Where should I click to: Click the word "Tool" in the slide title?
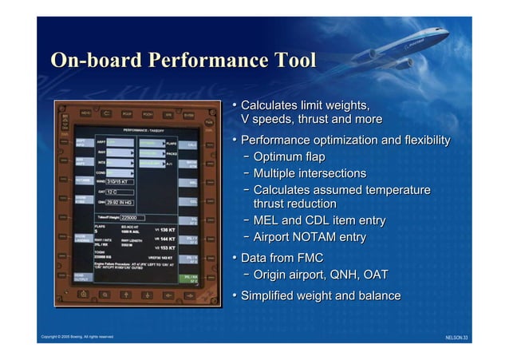294,61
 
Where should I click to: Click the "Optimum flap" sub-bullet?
288,156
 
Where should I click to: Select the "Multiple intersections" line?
309,173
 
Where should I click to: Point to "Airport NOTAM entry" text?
309,237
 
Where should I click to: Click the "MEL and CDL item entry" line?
318,220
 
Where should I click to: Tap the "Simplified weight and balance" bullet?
320,296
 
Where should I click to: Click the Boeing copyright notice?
77,337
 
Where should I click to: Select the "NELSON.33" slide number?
456,338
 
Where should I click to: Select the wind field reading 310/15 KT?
121,182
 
